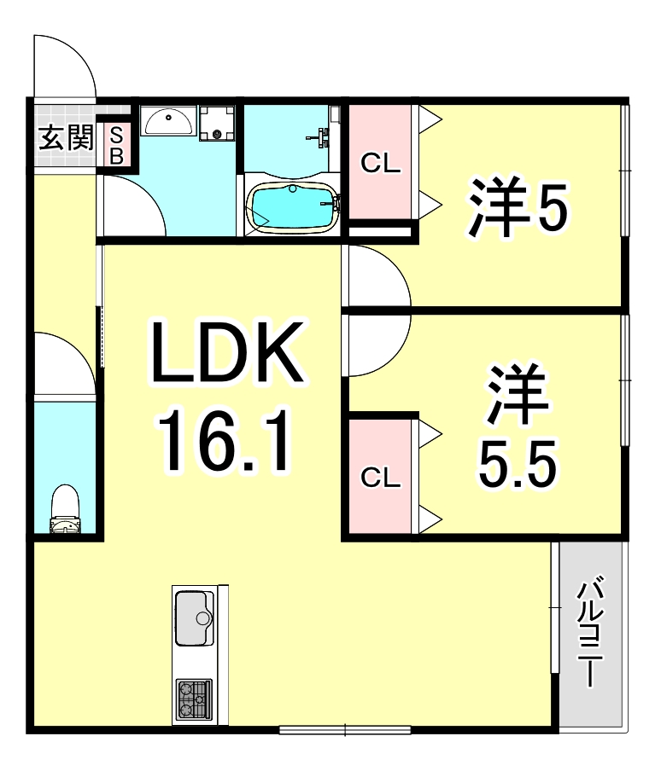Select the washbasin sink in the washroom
tap(167, 122)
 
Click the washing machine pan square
tap(217, 123)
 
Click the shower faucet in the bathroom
tap(323, 136)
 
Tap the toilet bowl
tap(65, 510)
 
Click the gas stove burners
tap(194, 699)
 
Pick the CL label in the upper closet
tap(380, 163)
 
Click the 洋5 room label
tap(516, 207)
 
